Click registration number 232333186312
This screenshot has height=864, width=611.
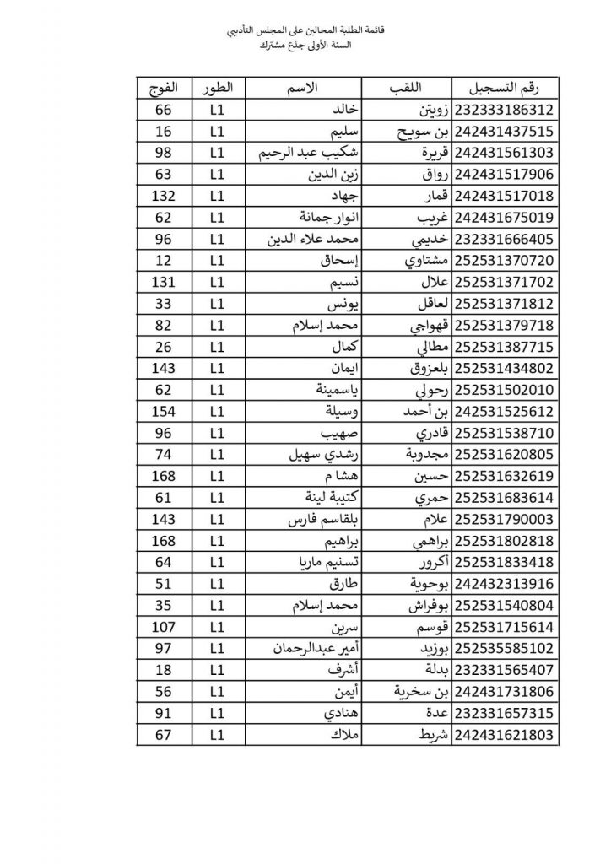pos(507,110)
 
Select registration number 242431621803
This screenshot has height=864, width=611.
pos(507,735)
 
